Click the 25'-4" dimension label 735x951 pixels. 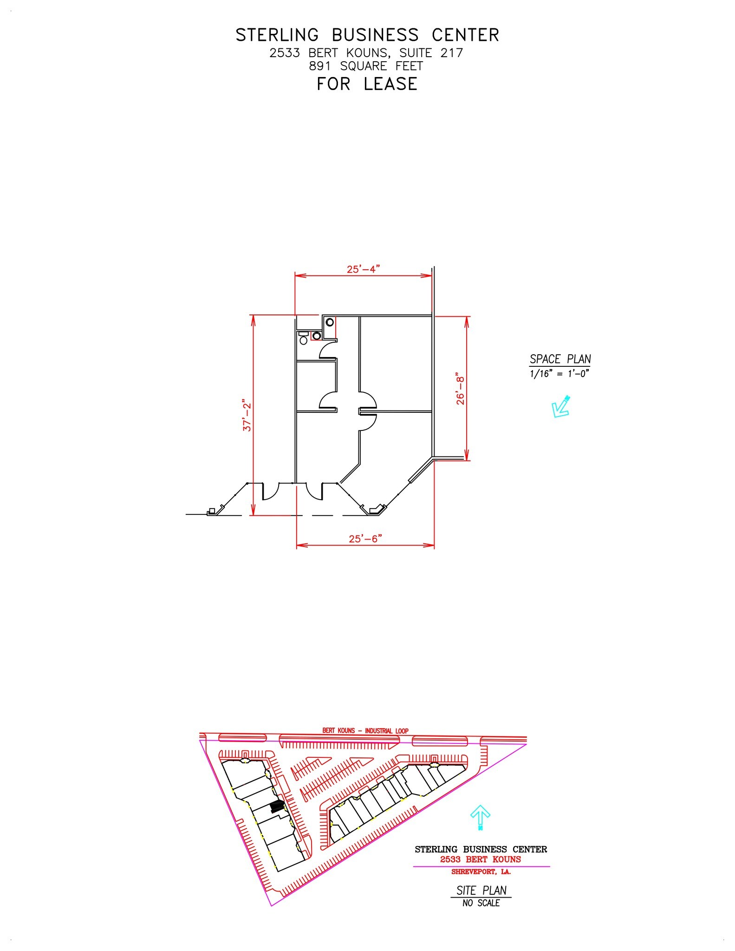tap(363, 269)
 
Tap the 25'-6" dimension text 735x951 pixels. tap(365, 539)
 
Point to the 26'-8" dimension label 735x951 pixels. tap(460, 388)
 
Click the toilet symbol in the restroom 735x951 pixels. tap(304, 339)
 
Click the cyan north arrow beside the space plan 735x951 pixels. tap(560, 407)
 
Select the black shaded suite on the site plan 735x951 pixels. tap(277, 807)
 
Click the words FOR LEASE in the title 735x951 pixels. tap(367, 84)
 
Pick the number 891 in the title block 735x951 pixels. tap(320, 66)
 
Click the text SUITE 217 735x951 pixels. tap(431, 53)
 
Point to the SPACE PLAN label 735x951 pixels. tap(560, 359)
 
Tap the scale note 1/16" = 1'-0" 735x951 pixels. tap(559, 374)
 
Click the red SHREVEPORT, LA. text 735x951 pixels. tap(481, 872)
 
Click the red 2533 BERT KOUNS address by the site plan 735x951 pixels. tap(481, 860)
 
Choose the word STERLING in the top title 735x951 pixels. tap(277, 35)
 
